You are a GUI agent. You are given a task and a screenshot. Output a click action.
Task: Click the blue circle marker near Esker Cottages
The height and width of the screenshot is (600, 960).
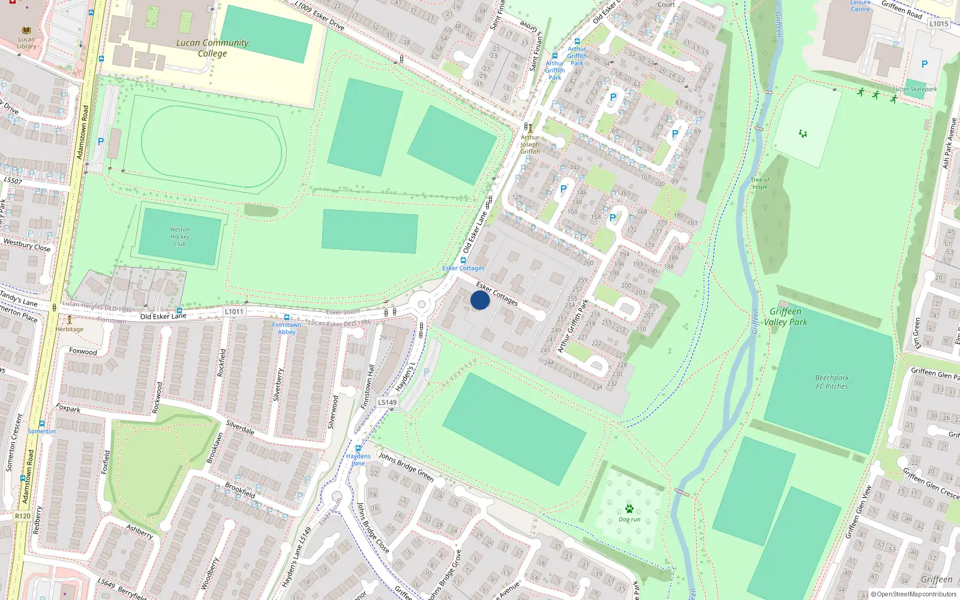(480, 300)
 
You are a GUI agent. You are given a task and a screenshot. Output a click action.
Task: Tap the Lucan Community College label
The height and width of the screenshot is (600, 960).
(212, 48)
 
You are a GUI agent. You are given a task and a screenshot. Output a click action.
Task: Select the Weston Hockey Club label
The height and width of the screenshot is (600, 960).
(179, 237)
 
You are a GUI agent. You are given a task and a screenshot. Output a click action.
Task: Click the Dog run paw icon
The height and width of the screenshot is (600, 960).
(629, 509)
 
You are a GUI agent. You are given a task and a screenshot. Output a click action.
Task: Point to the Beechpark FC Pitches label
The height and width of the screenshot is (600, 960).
(832, 382)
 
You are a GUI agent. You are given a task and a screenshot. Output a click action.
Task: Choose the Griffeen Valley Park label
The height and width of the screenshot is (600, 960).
(785, 317)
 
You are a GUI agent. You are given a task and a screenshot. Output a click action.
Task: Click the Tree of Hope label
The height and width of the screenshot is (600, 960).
(760, 183)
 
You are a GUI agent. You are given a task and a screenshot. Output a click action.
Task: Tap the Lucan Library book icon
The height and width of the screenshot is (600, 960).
(26, 31)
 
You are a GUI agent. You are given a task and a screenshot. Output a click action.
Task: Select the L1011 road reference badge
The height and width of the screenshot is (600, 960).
(234, 311)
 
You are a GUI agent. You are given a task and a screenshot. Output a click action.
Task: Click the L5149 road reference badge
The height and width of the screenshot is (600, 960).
(387, 403)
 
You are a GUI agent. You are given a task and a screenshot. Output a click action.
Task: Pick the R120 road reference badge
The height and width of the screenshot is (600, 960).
(22, 516)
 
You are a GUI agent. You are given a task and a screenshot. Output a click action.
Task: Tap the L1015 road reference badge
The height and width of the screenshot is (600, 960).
(938, 24)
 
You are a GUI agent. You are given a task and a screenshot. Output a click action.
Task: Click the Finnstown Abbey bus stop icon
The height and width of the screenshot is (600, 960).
(287, 317)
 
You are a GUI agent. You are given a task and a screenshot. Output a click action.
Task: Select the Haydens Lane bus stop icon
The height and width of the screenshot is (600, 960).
(358, 448)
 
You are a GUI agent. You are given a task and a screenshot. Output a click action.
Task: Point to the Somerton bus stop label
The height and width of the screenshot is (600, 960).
(41, 431)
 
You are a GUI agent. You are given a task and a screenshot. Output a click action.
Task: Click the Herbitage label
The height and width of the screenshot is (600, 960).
(70, 329)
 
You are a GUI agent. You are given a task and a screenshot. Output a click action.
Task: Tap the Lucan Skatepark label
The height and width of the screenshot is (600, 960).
(914, 89)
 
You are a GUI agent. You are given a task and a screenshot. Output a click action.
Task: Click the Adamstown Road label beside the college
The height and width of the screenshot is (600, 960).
(83, 132)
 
